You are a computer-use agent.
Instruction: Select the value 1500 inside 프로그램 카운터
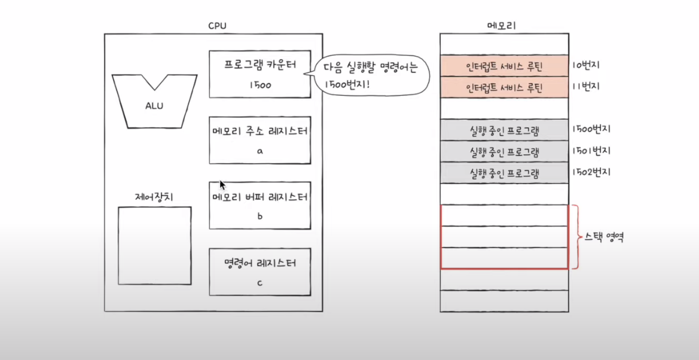260,85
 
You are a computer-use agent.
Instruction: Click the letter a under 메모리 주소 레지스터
260,151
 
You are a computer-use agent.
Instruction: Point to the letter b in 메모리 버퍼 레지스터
260,216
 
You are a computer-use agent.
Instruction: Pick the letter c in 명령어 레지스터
260,282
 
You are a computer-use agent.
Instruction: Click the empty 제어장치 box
154,245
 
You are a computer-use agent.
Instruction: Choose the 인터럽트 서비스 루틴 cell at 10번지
503,65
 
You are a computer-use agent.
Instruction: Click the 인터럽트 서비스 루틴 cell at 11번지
503,87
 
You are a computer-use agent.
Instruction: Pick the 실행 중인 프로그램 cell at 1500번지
503,130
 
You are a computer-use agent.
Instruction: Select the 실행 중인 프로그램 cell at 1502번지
503,173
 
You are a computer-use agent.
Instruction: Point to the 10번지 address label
587,65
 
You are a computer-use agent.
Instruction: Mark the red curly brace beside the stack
575,237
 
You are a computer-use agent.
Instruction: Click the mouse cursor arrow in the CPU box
222,185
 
